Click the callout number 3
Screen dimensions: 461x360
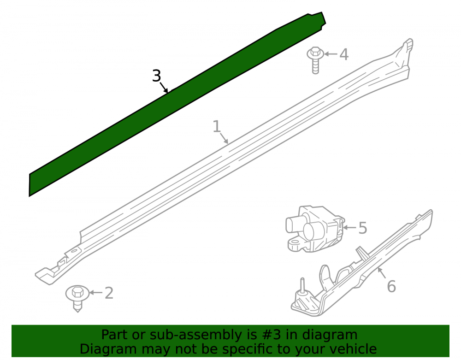[157, 76]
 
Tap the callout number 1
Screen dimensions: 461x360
[216, 126]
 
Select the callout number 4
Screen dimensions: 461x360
[344, 54]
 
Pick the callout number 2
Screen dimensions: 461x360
[109, 293]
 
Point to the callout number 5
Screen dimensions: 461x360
[363, 228]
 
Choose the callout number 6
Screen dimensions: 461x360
[391, 287]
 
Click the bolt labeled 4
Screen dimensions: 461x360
[315, 60]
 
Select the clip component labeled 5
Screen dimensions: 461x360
[314, 229]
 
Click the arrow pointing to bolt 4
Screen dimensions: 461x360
[331, 54]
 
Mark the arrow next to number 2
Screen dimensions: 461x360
[96, 292]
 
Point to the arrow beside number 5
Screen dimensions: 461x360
[350, 227]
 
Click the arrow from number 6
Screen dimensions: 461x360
[382, 273]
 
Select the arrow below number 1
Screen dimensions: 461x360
[224, 138]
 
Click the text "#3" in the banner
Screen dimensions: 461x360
[267, 335]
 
